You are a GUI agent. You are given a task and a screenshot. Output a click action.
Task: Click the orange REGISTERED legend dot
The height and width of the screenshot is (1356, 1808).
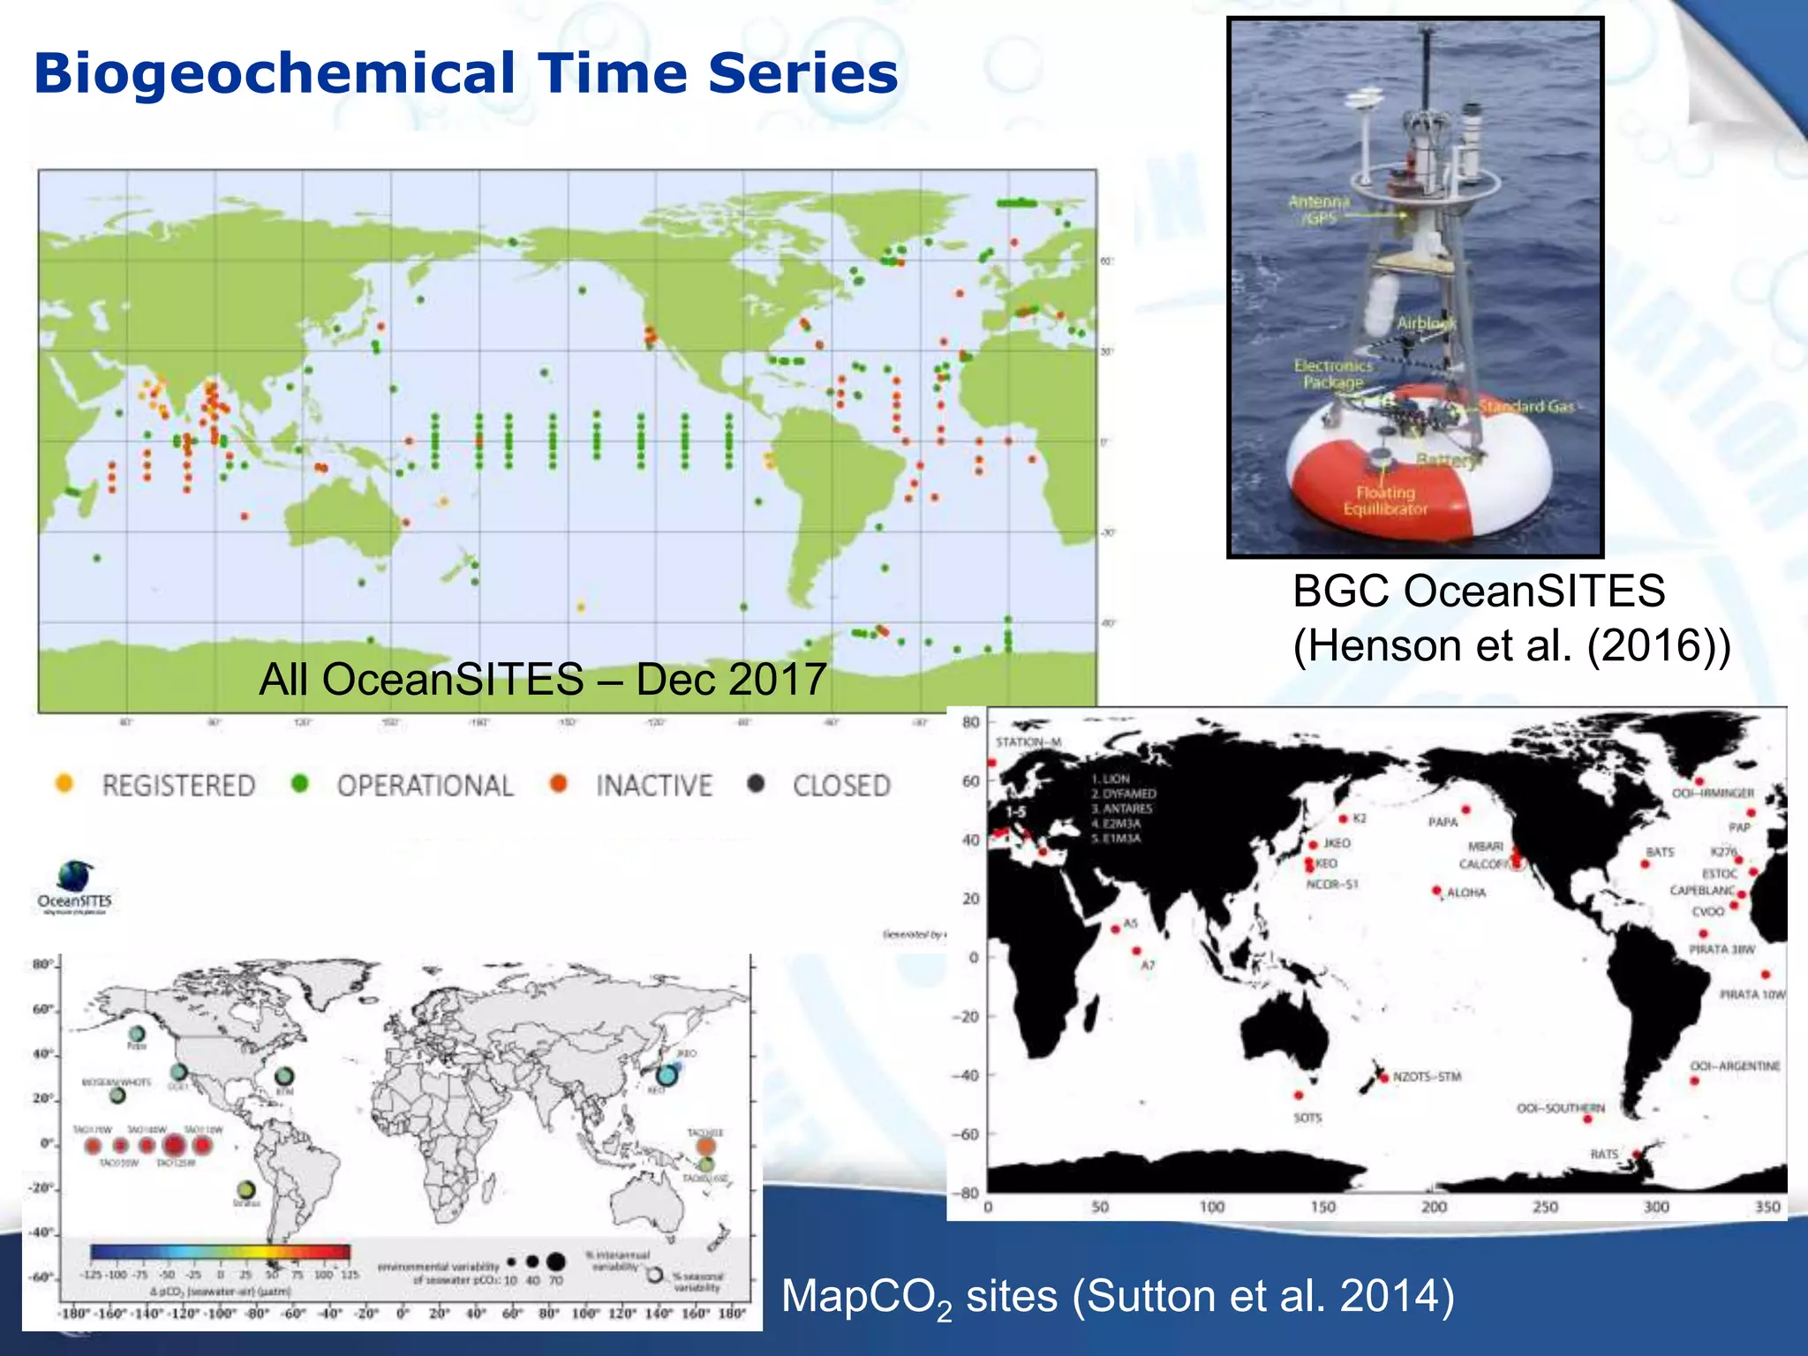tap(64, 783)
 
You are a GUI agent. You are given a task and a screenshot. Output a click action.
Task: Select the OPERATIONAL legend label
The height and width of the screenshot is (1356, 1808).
tap(425, 786)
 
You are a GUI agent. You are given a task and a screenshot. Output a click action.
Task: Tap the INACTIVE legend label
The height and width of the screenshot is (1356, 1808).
tap(653, 786)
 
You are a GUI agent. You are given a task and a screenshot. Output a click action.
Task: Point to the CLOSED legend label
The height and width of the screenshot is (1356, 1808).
tap(841, 786)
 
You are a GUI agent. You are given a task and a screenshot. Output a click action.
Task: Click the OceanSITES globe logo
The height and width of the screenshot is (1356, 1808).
tap(76, 876)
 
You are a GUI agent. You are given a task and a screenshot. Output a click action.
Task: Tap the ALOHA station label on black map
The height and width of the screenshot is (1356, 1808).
tap(1466, 893)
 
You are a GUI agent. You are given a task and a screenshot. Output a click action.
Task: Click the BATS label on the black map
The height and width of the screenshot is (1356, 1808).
tap(1660, 852)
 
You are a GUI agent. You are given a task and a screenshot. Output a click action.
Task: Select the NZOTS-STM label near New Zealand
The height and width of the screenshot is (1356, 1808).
tap(1427, 1077)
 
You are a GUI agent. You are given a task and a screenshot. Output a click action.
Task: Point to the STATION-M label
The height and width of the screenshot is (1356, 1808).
tap(1028, 742)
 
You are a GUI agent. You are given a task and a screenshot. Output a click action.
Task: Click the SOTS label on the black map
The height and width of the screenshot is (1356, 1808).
tap(1307, 1118)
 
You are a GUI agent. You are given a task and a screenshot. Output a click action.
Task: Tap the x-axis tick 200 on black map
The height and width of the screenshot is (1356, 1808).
tap(1434, 1207)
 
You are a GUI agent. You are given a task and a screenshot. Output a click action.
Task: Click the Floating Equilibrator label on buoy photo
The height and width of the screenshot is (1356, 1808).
tap(1385, 501)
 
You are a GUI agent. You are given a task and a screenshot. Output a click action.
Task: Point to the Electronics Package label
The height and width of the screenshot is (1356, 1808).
tap(1333, 373)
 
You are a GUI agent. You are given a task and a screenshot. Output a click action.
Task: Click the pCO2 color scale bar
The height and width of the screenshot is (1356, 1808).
tap(220, 1252)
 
